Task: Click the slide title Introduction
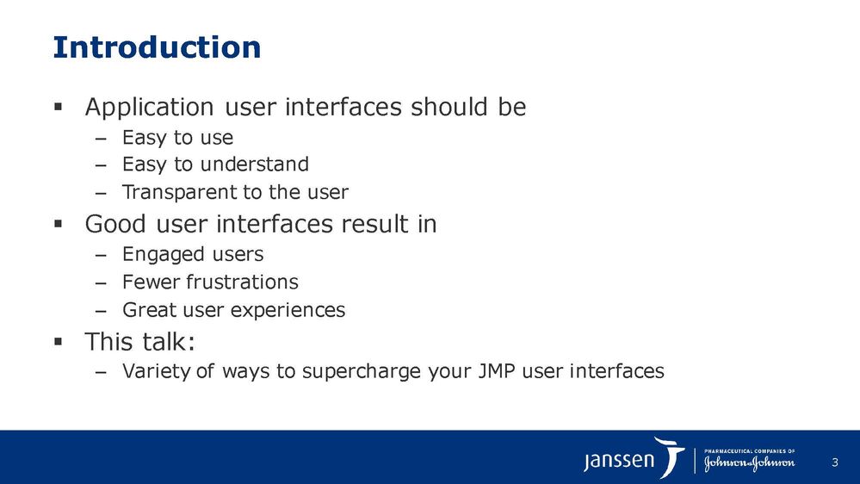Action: point(157,47)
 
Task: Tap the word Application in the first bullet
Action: point(149,108)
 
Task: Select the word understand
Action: point(255,164)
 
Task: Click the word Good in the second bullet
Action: point(115,224)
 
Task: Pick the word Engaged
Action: point(163,255)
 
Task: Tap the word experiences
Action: point(288,311)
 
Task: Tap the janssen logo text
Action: point(619,460)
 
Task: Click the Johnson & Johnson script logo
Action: point(749,463)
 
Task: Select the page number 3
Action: point(835,462)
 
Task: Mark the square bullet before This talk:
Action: point(59,342)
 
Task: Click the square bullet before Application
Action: point(59,106)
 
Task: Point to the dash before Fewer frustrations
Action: point(100,283)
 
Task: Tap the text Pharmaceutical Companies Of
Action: point(749,451)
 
